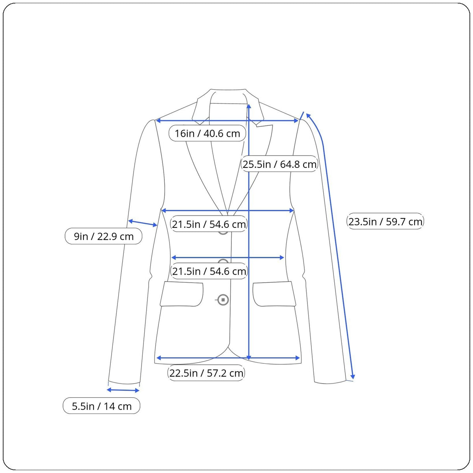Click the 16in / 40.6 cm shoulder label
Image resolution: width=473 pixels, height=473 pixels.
pos(207,133)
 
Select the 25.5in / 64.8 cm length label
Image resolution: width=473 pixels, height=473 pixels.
pos(279,164)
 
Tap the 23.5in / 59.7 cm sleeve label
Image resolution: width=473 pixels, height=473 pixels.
pos(385,222)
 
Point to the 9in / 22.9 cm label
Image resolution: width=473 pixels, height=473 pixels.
pos(104,236)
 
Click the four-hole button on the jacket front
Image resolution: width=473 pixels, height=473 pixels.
pos(223,300)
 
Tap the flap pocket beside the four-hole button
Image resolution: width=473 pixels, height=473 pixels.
pos(182,294)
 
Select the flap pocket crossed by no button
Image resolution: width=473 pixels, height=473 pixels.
pos(274,294)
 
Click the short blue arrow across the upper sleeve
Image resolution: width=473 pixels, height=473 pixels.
pos(143,223)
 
